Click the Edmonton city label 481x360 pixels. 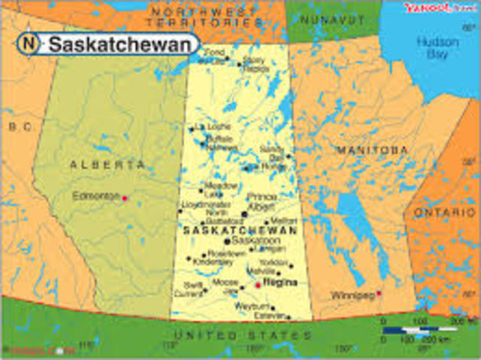(95, 196)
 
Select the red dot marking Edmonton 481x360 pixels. (125, 198)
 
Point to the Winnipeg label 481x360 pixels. (352, 295)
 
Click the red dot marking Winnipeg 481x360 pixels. (380, 293)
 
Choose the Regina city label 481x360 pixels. (281, 283)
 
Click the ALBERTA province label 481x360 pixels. (107, 165)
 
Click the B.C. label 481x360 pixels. (20, 127)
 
